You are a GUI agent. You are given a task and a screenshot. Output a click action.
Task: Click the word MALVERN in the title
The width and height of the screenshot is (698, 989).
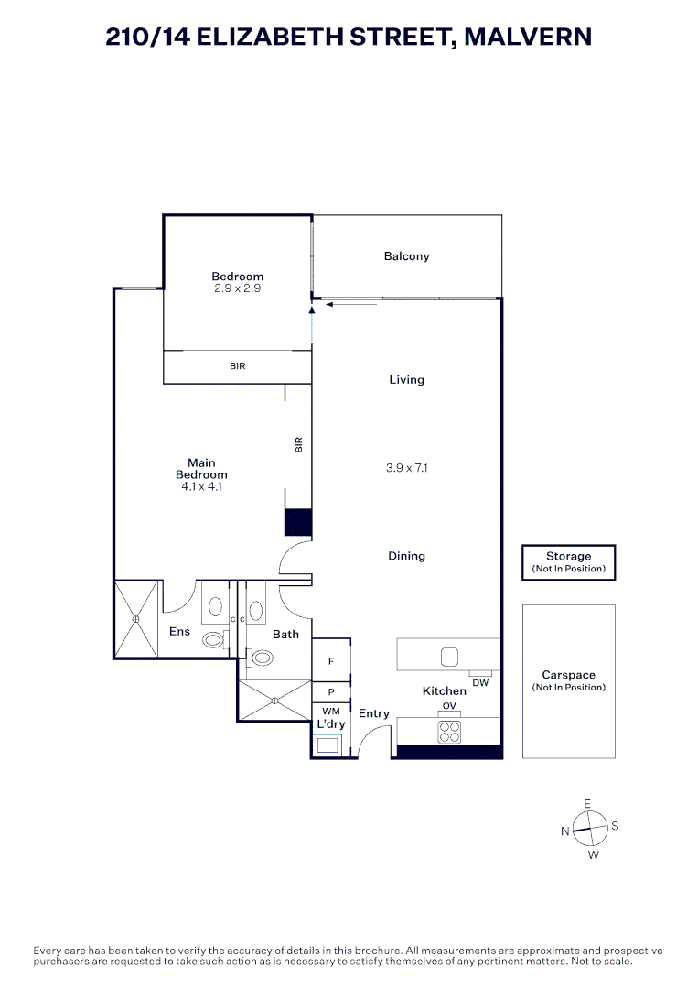pyautogui.click(x=528, y=37)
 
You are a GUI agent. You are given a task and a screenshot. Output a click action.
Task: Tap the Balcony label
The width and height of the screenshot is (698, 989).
pyautogui.click(x=406, y=256)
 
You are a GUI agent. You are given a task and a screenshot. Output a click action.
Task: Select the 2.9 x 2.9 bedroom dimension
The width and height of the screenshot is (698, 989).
pyautogui.click(x=237, y=288)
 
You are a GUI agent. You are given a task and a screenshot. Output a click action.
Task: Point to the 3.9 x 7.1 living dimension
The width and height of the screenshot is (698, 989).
pyautogui.click(x=406, y=468)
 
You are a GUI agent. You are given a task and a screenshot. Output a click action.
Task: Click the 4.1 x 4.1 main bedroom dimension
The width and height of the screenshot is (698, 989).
pyautogui.click(x=201, y=487)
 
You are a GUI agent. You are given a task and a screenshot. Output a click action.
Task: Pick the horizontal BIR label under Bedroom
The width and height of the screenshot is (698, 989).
pyautogui.click(x=238, y=366)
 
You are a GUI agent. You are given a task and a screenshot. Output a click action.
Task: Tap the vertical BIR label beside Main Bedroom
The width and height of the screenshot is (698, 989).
pyautogui.click(x=298, y=445)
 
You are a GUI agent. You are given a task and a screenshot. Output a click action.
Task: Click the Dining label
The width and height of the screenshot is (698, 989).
pyautogui.click(x=406, y=556)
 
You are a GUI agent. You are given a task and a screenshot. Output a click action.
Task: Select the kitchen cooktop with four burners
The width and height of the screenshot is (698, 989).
pyautogui.click(x=448, y=732)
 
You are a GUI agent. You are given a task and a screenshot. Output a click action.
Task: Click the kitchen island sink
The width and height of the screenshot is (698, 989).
pyautogui.click(x=449, y=656)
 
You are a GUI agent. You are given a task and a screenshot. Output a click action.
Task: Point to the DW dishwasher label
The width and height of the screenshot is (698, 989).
pyautogui.click(x=480, y=682)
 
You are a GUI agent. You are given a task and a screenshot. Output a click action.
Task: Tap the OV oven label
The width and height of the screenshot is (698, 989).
pyautogui.click(x=449, y=706)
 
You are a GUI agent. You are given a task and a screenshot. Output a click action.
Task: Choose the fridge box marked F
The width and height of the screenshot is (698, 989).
pyautogui.click(x=331, y=659)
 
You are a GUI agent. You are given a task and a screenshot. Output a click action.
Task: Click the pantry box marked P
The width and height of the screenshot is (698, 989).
pyautogui.click(x=331, y=692)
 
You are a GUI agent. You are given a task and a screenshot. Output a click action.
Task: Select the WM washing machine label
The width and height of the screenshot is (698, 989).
pyautogui.click(x=330, y=712)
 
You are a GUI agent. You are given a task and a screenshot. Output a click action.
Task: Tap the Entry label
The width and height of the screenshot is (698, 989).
pyautogui.click(x=373, y=714)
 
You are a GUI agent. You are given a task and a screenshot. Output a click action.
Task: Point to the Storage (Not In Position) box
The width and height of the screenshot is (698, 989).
pyautogui.click(x=568, y=562)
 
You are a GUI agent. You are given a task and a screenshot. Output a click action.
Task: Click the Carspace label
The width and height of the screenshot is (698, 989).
pyautogui.click(x=568, y=675)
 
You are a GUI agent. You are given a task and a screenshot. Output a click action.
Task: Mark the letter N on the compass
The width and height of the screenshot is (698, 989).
pyautogui.click(x=565, y=831)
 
